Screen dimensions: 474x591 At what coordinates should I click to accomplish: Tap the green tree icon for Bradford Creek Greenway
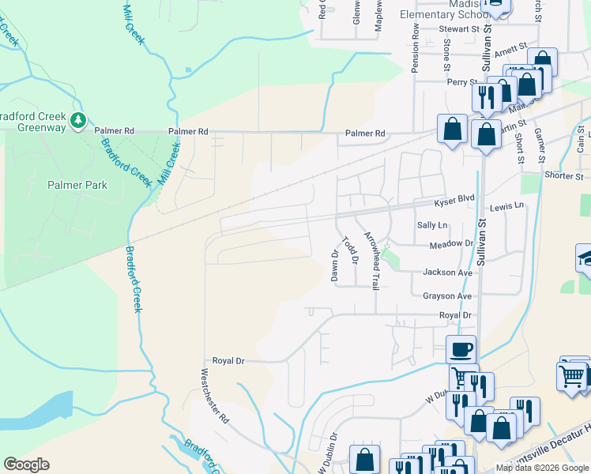tap(78, 120)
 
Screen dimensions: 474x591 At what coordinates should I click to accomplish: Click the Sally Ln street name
tap(432, 225)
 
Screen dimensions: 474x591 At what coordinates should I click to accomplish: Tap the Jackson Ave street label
tap(447, 272)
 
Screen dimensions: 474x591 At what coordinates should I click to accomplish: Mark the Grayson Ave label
tap(446, 295)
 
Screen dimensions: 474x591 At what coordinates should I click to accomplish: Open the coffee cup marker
tap(461, 348)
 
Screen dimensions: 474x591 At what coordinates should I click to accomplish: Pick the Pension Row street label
tap(414, 47)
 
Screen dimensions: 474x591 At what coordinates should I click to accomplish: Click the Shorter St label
tap(563, 175)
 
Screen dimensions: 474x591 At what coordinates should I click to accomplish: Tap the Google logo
tap(26, 465)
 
